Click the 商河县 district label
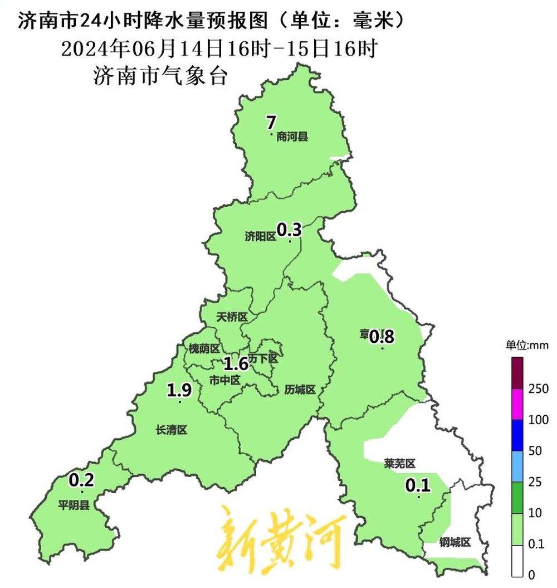click(292, 137)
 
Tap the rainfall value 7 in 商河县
click(271, 122)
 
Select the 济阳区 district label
click(260, 236)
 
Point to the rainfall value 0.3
click(289, 229)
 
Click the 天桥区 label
click(231, 317)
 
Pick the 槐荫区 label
click(204, 349)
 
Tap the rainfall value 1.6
click(236, 365)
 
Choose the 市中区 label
click(224, 380)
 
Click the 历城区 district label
click(300, 389)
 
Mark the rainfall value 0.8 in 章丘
click(382, 336)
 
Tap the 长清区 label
click(171, 430)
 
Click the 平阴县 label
click(74, 506)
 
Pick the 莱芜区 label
click(400, 464)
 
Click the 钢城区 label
click(455, 542)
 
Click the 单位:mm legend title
click(527, 345)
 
